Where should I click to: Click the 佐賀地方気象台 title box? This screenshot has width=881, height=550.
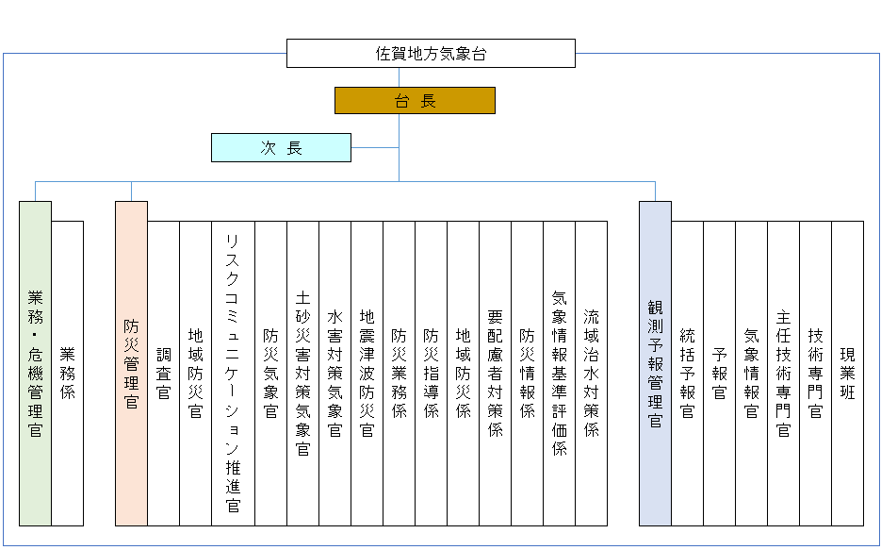(431, 54)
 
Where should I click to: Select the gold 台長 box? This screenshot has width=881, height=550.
(415, 101)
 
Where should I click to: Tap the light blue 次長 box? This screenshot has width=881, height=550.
(281, 148)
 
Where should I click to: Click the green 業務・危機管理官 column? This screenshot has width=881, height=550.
(36, 364)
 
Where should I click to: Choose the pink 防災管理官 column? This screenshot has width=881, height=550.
(132, 364)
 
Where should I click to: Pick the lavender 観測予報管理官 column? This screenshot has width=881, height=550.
(655, 364)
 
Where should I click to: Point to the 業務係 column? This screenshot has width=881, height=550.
(68, 374)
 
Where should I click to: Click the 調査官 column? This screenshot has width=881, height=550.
(164, 374)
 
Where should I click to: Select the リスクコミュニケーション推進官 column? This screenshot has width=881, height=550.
(233, 374)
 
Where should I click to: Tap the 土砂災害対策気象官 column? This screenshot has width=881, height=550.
(302, 374)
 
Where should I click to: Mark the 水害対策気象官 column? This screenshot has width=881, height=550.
(334, 374)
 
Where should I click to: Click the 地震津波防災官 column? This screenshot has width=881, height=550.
(367, 374)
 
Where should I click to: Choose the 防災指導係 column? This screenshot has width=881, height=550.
(431, 374)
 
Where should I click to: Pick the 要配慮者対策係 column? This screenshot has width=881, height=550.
(495, 374)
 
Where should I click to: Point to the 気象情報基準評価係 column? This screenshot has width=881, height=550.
(559, 374)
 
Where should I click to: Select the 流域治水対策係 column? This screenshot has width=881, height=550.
(591, 374)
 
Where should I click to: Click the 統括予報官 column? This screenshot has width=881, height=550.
(687, 374)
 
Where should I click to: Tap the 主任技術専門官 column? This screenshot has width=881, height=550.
(783, 374)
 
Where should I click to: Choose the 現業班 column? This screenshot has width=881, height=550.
(847, 374)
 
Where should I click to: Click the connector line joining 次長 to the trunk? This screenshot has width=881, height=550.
(375, 148)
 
